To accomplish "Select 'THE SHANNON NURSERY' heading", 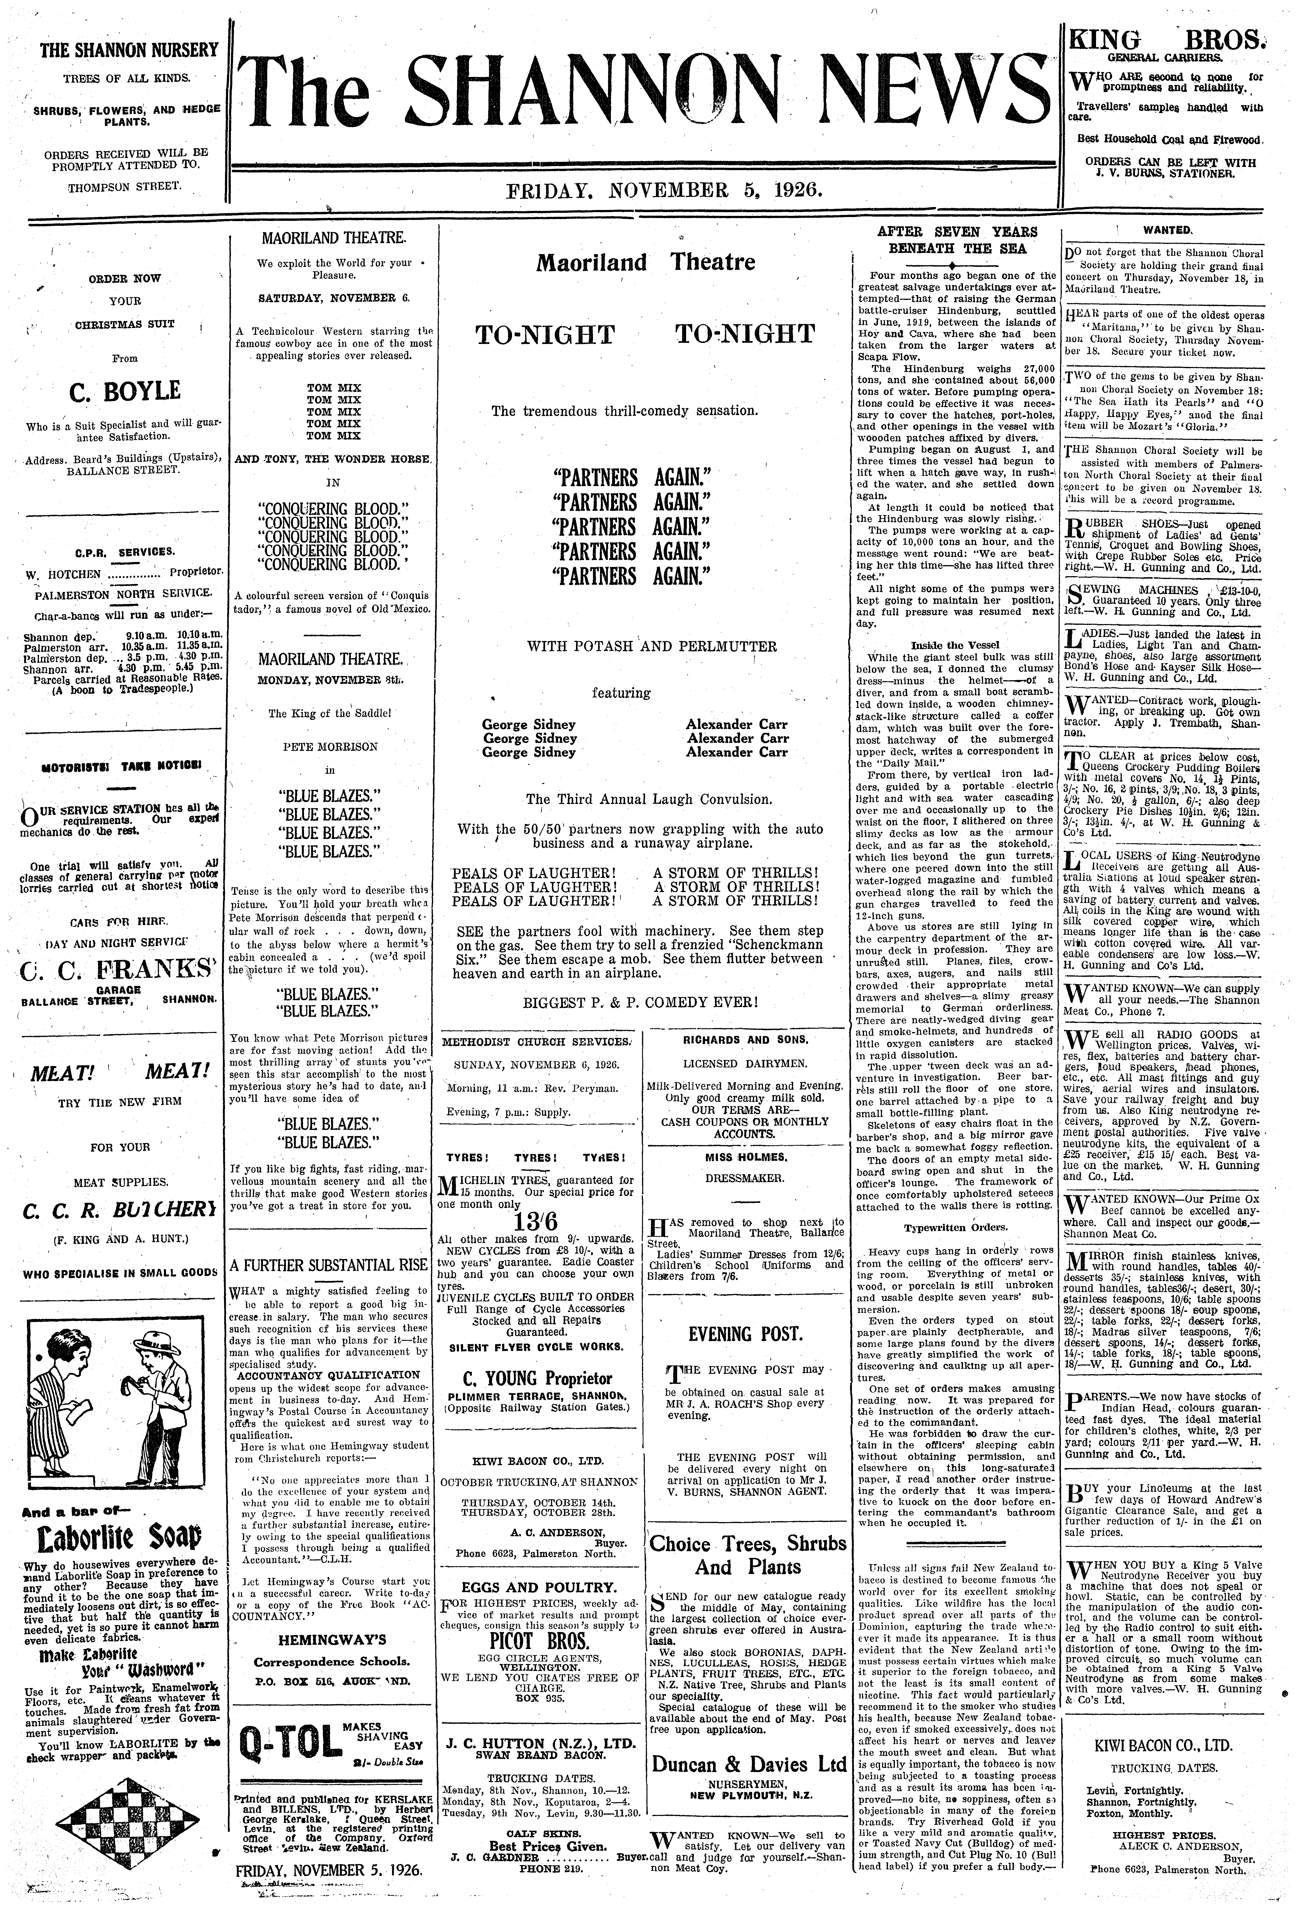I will click(130, 50).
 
